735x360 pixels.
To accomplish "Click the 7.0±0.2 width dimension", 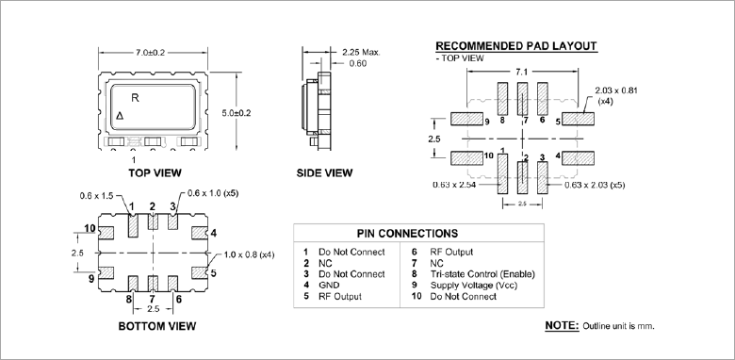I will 152,53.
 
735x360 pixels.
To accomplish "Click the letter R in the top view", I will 135,97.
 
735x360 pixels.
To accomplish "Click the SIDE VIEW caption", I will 324,173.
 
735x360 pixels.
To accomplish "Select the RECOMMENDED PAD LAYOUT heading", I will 515,46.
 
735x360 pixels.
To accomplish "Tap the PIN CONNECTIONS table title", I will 407,233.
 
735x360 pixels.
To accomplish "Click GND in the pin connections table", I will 328,285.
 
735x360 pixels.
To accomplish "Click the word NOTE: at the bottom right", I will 563,325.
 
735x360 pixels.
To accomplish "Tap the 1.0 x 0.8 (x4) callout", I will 249,254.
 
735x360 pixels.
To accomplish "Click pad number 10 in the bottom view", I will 89,228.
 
